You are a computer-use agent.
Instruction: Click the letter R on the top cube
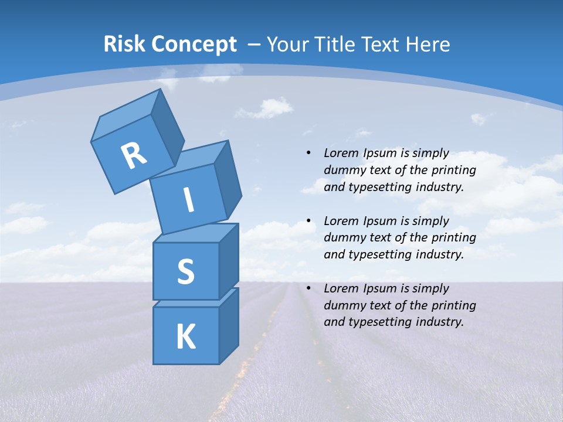[134, 155]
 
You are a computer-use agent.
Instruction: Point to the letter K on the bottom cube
[185, 337]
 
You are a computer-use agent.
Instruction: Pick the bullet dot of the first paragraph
[308, 154]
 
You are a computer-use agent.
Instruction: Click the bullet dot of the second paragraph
[308, 221]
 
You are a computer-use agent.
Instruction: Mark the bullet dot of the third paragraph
[308, 288]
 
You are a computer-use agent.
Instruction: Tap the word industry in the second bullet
[438, 255]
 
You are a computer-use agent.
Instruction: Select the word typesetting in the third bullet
[379, 322]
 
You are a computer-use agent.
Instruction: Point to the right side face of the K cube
[229, 325]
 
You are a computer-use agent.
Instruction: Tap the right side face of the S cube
[229, 261]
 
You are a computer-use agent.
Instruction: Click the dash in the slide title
[255, 44]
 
